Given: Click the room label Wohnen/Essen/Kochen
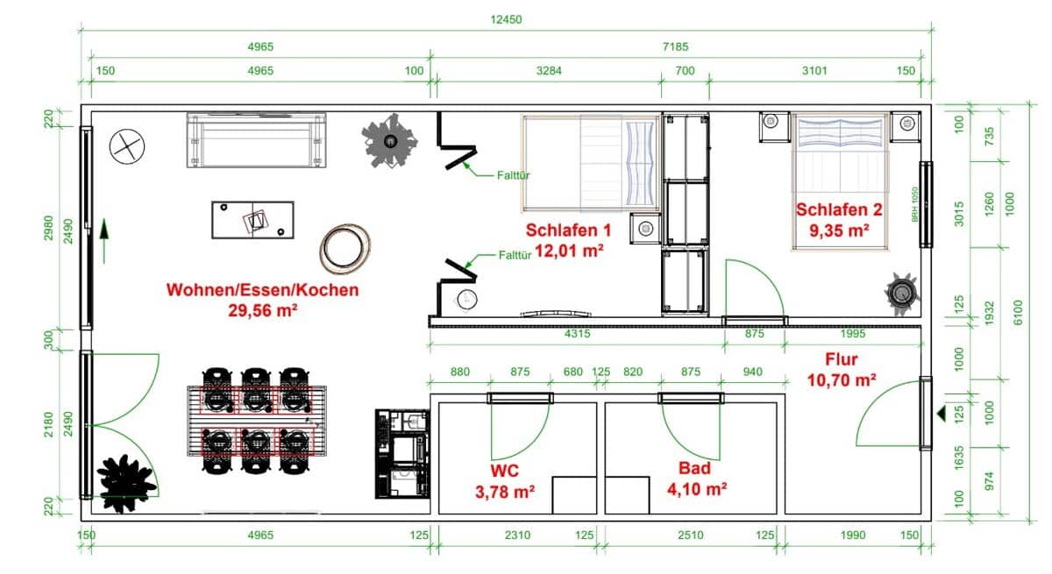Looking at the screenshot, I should point(262,290).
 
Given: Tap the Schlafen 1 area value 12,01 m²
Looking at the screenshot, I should point(566,250).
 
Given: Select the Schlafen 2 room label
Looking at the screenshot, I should point(838,210).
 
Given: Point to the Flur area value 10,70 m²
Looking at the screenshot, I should point(841,380).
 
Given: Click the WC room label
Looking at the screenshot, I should point(503,469).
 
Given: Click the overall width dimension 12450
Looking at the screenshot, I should point(507,19).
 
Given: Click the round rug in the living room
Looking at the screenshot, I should point(345,248).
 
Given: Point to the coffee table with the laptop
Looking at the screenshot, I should point(252,219).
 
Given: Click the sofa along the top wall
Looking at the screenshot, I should point(255,140).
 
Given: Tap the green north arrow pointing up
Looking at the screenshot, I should point(104,240).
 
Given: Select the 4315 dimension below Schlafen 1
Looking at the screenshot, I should point(575,334).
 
